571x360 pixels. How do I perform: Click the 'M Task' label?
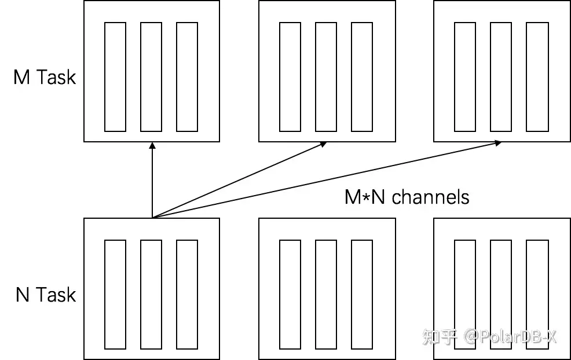tap(45, 77)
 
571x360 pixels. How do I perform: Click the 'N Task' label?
tap(46, 295)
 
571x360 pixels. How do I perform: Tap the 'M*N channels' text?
tap(407, 197)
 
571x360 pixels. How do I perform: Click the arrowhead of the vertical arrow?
tap(152, 146)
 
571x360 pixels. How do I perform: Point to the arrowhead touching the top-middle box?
tap(323, 144)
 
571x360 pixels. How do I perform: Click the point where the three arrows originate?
tap(152, 218)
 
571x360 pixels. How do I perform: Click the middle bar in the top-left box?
tap(151, 76)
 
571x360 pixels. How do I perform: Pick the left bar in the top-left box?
tap(115, 76)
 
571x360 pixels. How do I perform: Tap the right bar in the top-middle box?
tap(362, 76)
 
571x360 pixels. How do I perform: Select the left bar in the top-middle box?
tap(290, 76)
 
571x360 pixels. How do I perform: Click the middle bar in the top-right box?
tap(501, 76)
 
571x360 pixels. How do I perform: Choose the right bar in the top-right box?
tap(537, 76)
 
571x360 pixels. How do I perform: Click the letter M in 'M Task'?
tap(21, 77)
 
